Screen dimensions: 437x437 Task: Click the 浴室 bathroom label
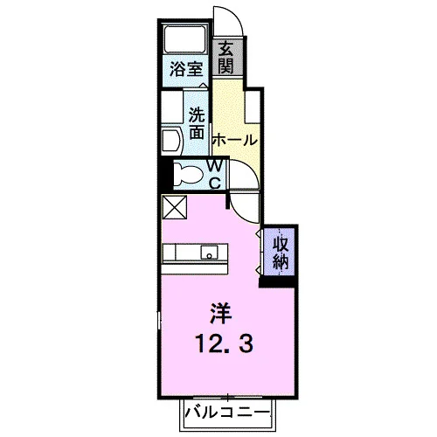coord(186,69)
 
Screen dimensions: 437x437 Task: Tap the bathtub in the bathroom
coord(185,39)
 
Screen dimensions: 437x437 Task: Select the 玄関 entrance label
coord(226,57)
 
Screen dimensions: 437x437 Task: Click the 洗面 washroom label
coord(197,123)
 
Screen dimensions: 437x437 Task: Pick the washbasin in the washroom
coord(171,141)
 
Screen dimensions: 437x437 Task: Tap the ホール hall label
coord(235,140)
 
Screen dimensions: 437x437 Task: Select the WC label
coord(215,175)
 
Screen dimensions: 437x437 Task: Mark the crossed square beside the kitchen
coord(175,207)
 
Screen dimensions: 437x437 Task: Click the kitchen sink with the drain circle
coord(209,253)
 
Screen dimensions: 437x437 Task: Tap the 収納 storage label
coord(281,253)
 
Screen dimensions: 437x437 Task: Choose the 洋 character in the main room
coord(221,313)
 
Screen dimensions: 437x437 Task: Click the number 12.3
coord(225,343)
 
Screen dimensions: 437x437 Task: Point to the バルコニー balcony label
coord(227,413)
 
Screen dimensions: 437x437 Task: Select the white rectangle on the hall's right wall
coord(253,107)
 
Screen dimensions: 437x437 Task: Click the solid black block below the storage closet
coord(277,282)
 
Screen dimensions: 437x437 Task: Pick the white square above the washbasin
coord(172,107)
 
